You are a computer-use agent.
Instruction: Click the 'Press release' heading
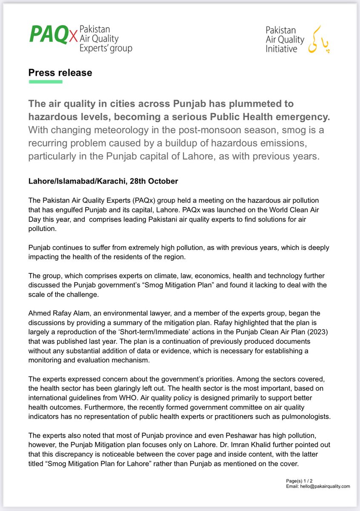click(x=60, y=72)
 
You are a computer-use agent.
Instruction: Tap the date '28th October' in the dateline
click(x=154, y=181)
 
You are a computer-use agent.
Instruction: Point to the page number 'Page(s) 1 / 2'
click(x=300, y=481)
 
